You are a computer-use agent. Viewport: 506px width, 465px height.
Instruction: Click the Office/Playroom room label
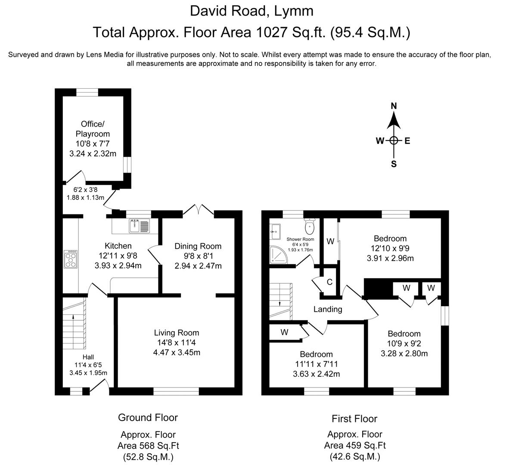pos(93,129)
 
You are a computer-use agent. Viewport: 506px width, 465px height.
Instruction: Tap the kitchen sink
pos(139,225)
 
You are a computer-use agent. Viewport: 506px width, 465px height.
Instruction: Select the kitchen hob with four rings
pos(71,259)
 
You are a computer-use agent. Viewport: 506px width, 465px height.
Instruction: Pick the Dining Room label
pos(198,246)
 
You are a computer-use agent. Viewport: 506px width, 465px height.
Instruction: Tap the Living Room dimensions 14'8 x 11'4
pos(177,343)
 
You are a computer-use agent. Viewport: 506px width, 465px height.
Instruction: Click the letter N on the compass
pos(394,106)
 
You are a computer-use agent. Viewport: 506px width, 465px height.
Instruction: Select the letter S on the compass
pos(394,164)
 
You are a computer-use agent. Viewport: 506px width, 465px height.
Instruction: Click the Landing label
pos(328,309)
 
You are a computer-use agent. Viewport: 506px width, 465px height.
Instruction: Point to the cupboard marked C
pos(329,282)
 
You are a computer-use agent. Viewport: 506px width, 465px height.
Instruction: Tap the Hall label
pos(88,357)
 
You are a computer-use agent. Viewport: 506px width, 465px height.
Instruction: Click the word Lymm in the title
pos(295,10)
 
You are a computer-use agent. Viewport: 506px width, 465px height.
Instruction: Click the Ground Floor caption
pos(148,417)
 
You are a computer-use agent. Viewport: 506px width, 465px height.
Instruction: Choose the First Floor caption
pos(354,418)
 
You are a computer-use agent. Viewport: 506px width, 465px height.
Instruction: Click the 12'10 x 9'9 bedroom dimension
pos(390,248)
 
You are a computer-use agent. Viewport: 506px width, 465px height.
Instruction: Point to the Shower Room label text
pos(300,239)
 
